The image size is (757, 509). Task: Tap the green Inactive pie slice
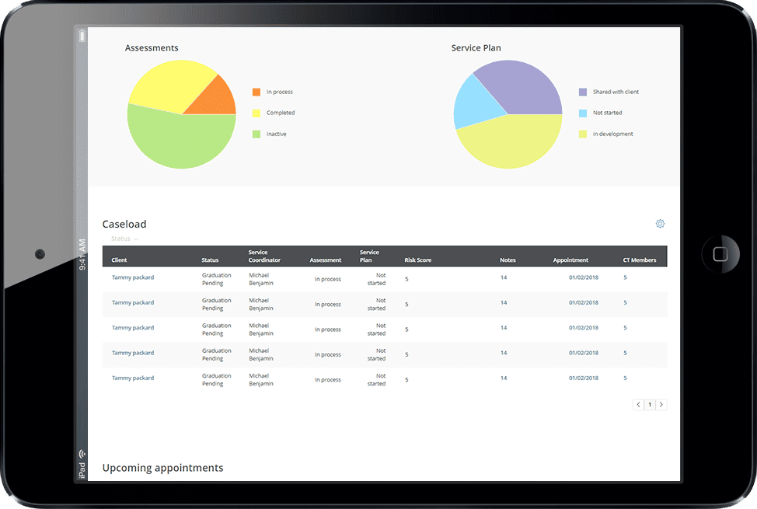click(x=181, y=141)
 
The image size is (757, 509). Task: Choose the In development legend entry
click(x=606, y=134)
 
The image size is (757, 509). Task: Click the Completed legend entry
click(x=274, y=113)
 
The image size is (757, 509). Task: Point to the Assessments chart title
click(x=152, y=48)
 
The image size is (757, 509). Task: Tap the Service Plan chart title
click(x=476, y=48)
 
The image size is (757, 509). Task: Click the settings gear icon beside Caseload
click(x=660, y=224)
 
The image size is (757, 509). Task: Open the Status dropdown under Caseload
click(x=124, y=239)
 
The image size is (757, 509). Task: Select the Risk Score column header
click(x=418, y=260)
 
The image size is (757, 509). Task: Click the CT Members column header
click(x=639, y=260)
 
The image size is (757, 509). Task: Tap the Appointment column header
click(x=570, y=260)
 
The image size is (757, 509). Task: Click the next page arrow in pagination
click(x=661, y=405)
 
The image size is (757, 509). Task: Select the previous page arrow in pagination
click(x=638, y=405)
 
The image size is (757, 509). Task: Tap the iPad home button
click(x=720, y=254)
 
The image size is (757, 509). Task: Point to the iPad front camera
click(x=40, y=254)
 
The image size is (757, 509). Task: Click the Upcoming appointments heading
click(x=162, y=468)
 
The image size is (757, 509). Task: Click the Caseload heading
click(x=124, y=224)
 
